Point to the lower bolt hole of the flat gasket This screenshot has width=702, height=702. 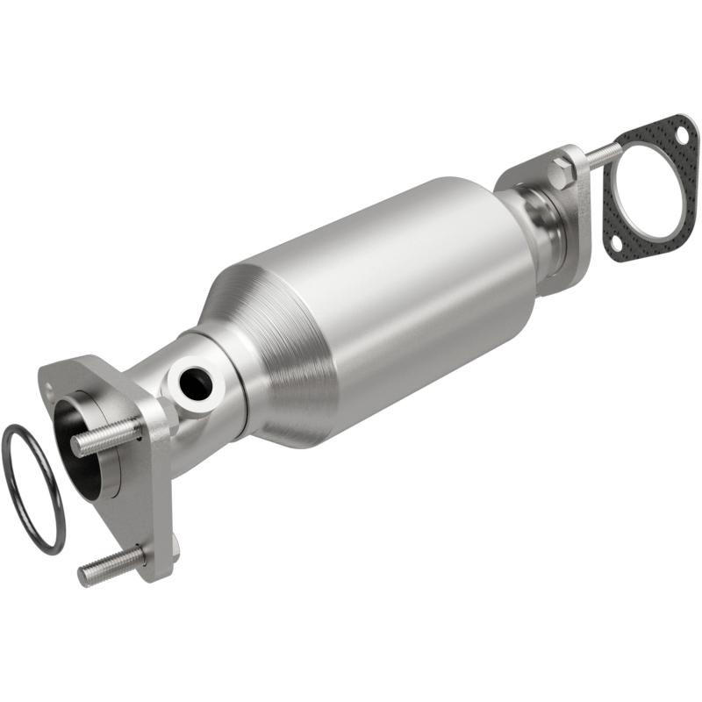click(x=618, y=241)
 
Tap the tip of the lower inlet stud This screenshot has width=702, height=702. click(x=84, y=577)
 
